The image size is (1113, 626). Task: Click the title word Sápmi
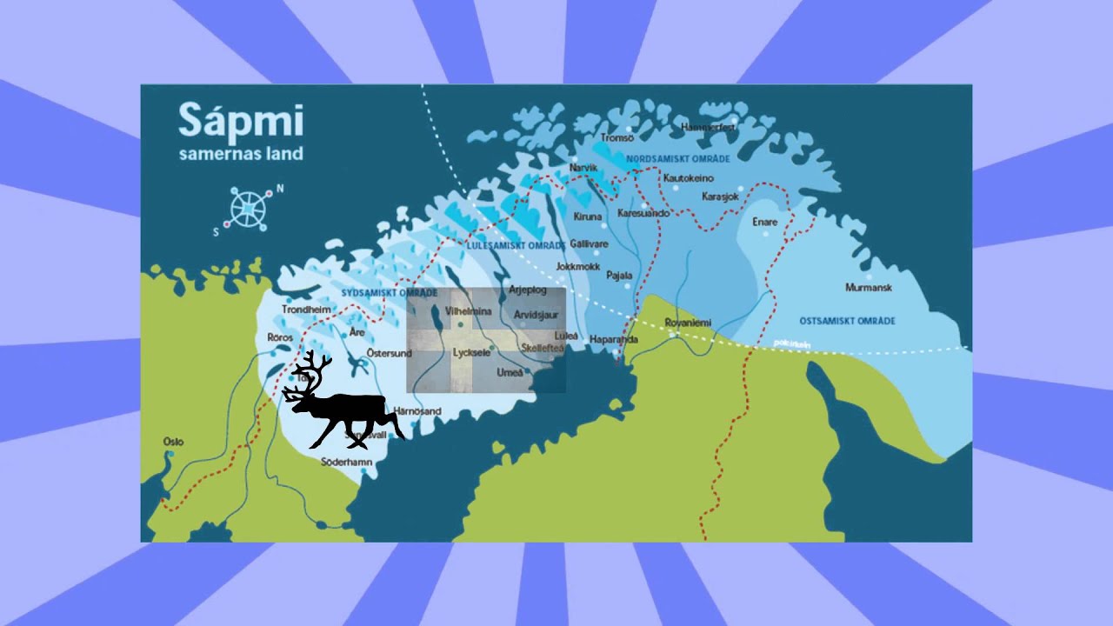coord(241,121)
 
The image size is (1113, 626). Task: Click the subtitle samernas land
coord(241,154)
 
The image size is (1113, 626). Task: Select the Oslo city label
coord(173,442)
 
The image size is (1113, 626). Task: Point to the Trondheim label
coord(307,309)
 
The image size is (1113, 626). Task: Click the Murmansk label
coord(870,287)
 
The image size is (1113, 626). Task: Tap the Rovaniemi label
coord(688,323)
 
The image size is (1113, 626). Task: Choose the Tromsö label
coord(617,137)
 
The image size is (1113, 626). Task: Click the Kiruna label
coord(588,216)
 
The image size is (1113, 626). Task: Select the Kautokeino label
coord(689,178)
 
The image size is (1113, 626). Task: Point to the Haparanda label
coord(614,339)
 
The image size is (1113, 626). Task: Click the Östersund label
coord(389,353)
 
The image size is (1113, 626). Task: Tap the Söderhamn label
coord(347,462)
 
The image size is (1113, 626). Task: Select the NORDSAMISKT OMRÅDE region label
coord(678,159)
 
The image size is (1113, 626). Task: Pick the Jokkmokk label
coord(577,266)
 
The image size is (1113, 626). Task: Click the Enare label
coord(765,222)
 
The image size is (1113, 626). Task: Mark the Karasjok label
coord(720,196)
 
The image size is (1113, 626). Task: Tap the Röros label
coord(280,336)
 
